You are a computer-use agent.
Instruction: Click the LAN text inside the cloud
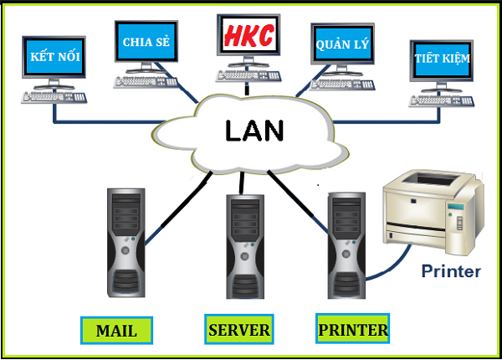(x=254, y=131)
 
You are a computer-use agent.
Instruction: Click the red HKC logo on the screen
(x=248, y=36)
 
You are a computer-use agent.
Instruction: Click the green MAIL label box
(x=116, y=330)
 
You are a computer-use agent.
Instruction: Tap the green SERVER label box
(x=238, y=330)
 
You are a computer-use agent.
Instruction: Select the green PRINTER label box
(x=353, y=330)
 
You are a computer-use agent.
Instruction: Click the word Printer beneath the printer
(x=450, y=271)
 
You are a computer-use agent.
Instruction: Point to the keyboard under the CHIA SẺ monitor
(x=147, y=81)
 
